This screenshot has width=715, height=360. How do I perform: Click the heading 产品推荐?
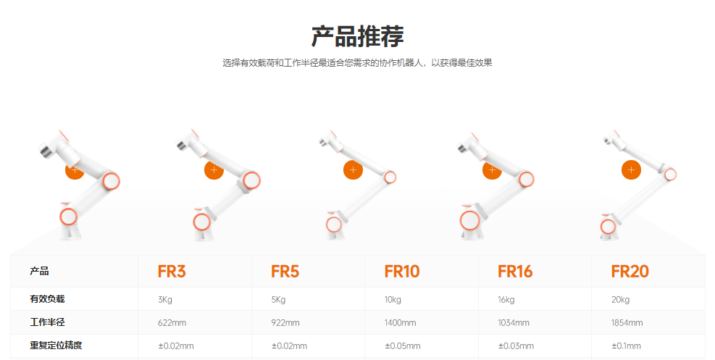click(x=357, y=35)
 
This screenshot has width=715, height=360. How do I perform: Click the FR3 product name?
click(x=172, y=272)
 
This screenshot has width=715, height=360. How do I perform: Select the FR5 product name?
click(x=285, y=272)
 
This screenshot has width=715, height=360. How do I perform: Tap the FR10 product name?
click(x=401, y=272)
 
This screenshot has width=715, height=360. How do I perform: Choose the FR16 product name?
click(x=514, y=272)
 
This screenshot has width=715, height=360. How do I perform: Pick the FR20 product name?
click(x=630, y=272)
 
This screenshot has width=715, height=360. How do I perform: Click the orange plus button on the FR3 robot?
click(x=75, y=169)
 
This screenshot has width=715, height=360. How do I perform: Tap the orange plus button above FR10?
click(x=353, y=170)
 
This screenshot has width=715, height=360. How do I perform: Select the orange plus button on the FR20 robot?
click(x=631, y=170)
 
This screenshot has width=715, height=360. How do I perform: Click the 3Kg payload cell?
click(x=165, y=300)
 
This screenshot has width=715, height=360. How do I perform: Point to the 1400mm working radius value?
click(x=400, y=323)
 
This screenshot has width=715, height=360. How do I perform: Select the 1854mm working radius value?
click(x=627, y=323)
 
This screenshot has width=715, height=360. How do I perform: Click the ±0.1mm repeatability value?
click(x=626, y=346)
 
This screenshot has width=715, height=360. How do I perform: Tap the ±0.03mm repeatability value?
click(x=516, y=346)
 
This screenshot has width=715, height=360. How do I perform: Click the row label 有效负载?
click(x=51, y=298)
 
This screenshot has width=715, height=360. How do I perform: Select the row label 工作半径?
click(x=51, y=322)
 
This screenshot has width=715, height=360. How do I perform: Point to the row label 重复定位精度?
click(x=56, y=346)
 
